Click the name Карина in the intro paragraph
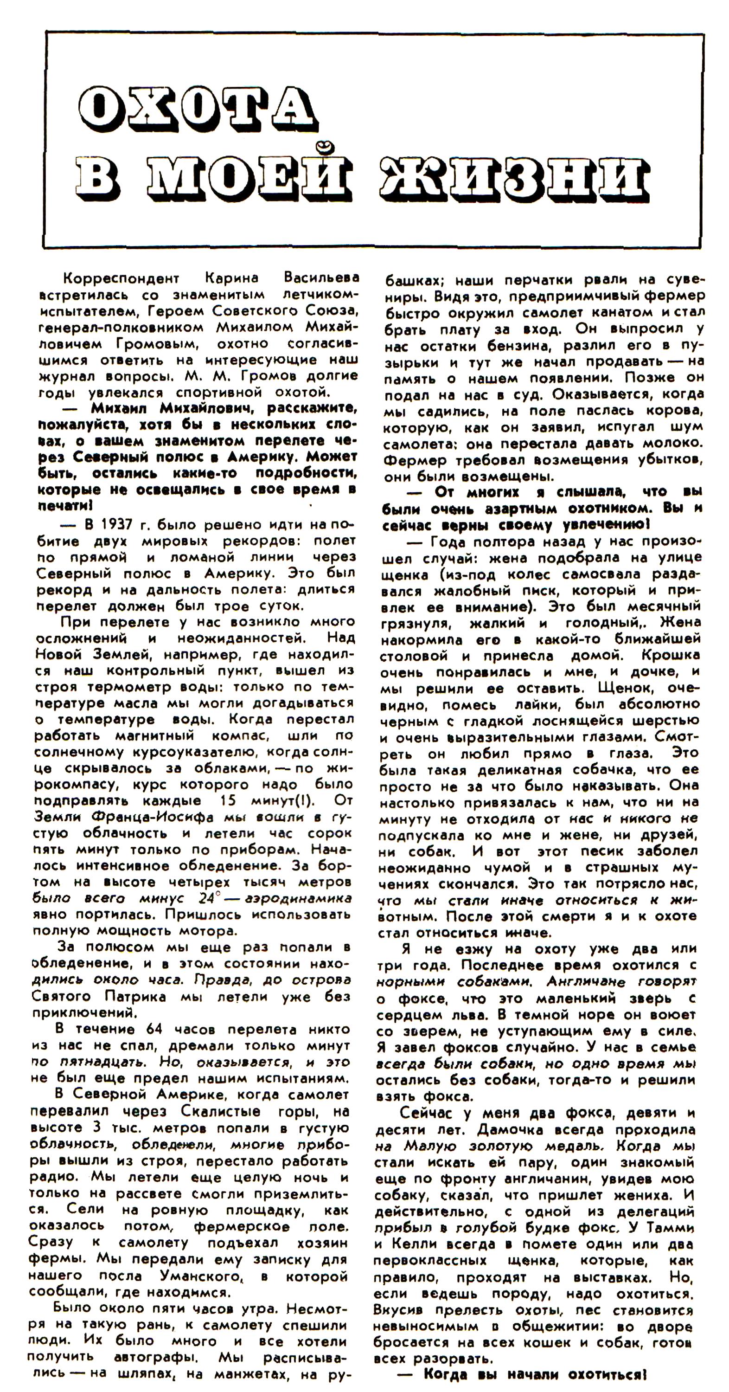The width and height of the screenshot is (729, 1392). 232,278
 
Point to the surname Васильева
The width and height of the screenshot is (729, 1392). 321,278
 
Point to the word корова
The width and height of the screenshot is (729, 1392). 678,411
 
